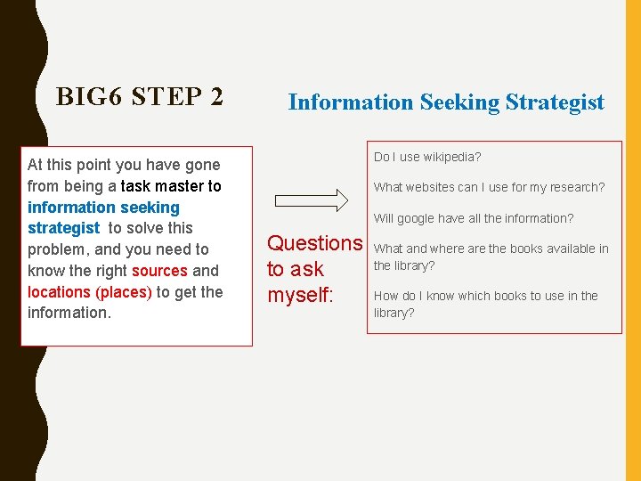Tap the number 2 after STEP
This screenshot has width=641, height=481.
tap(216, 96)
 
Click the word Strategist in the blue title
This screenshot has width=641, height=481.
tap(555, 102)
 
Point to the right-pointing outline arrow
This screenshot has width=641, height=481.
tap(311, 197)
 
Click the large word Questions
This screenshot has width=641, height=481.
tap(315, 243)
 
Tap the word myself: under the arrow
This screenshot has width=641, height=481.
tap(300, 295)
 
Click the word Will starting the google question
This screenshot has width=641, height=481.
tap(383, 218)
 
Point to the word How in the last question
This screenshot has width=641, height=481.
tap(385, 296)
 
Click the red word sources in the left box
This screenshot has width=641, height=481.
tap(159, 271)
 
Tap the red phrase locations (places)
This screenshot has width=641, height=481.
tap(90, 292)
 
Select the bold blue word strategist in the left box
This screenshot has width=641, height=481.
tap(63, 228)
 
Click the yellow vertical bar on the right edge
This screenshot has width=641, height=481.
tap(633, 240)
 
